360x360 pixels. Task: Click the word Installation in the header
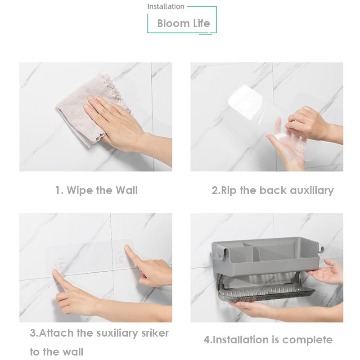coord(166,6)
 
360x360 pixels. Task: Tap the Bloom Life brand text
coord(184,23)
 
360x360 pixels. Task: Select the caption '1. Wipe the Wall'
coord(96,190)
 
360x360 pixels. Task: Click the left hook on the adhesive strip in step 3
coord(61,263)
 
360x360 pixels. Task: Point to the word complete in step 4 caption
coord(307,340)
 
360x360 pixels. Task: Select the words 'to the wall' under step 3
coord(57,352)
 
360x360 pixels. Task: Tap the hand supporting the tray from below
coord(252,309)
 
